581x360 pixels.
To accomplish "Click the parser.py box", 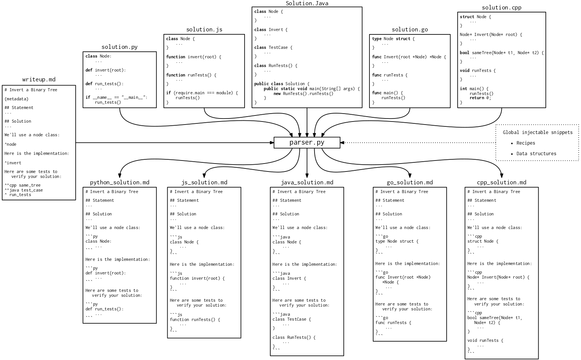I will point(307,143).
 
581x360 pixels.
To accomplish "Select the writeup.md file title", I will point(39,79).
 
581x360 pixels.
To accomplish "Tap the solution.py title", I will point(119,47).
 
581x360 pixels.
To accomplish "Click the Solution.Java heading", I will point(307,3).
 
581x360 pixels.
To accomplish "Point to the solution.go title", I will point(410,30).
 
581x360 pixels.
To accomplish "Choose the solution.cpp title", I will point(501,8).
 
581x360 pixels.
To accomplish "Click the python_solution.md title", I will point(119,182).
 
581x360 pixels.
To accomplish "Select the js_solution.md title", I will point(204,182).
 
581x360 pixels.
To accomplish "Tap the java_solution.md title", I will point(307,182).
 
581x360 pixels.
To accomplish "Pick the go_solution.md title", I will point(410,182).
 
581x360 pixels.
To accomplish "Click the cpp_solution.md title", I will point(501,182).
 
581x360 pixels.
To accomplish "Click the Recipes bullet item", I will point(525,143).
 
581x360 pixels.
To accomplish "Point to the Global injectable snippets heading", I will point(537,132).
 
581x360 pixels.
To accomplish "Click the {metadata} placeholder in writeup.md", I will point(16,99).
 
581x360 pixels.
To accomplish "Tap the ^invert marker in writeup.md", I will point(13,163).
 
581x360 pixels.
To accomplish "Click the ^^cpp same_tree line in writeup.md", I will point(22,185).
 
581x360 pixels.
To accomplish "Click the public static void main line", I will point(312,89).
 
